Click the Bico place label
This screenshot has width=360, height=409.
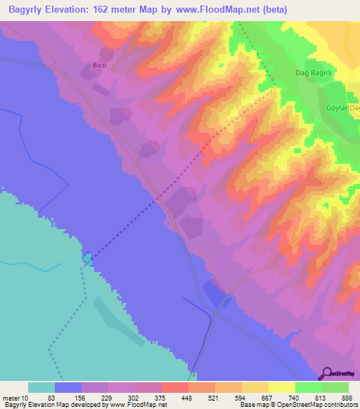click(99, 65)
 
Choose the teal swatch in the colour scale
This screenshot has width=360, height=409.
click(41, 387)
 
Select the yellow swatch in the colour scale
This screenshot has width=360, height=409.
click(281, 387)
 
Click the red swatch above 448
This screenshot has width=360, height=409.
click(174, 387)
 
